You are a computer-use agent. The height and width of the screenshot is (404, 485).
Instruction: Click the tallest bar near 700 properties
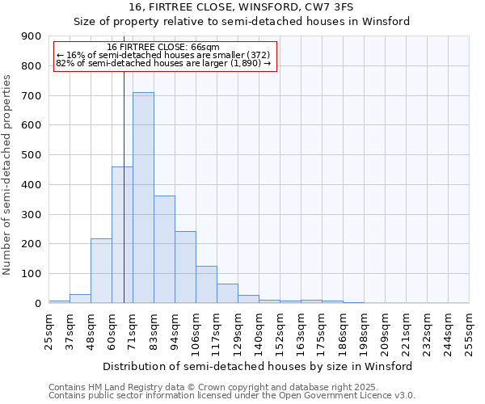[x=143, y=198]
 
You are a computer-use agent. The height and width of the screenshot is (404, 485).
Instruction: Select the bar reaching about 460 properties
[x=122, y=235]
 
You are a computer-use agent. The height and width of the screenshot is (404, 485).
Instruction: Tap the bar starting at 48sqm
[x=101, y=271]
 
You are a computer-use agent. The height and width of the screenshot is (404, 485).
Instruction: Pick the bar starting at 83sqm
[x=164, y=250]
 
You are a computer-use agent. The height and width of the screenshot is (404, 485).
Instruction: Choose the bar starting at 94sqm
[x=185, y=267]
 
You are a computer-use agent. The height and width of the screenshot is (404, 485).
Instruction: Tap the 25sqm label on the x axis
[x=48, y=331]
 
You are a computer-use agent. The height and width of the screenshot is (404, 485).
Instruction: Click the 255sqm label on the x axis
[x=469, y=331]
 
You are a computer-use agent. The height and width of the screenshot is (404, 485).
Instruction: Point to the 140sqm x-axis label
[x=259, y=331]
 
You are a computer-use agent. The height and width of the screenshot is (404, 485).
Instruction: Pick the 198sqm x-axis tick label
[x=364, y=331]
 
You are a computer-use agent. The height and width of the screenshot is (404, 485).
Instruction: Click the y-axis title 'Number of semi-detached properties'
[x=7, y=175]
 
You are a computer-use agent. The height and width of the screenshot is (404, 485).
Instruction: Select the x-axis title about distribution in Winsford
[x=259, y=366]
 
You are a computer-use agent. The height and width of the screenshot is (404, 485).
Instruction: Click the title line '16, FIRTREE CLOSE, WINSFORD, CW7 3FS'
[x=242, y=7]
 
